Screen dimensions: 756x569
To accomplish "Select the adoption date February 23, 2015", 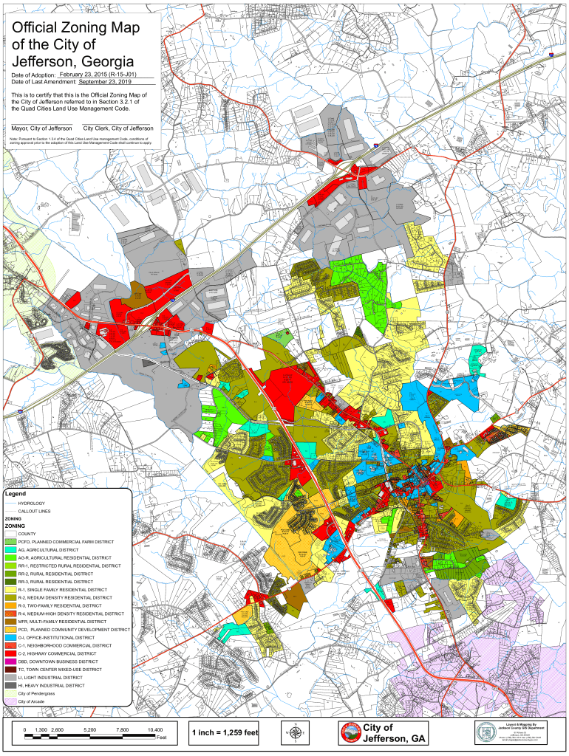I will click(x=105, y=75).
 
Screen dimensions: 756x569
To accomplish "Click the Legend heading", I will click(x=16, y=493).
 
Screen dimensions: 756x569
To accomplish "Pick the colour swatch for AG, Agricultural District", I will click(x=10, y=550).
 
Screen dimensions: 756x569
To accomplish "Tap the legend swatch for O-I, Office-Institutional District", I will click(x=10, y=637).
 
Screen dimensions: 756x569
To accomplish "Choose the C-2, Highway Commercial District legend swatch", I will click(x=10, y=653).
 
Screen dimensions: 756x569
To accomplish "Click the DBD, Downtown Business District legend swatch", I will click(x=10, y=661).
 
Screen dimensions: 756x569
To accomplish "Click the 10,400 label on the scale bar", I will click(x=155, y=729).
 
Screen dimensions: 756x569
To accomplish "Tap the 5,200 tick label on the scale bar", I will click(x=90, y=729).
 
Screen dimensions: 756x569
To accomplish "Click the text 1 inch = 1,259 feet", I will click(x=225, y=732).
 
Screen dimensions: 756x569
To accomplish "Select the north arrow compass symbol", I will click(x=295, y=732).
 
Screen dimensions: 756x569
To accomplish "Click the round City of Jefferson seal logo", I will click(x=350, y=732).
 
